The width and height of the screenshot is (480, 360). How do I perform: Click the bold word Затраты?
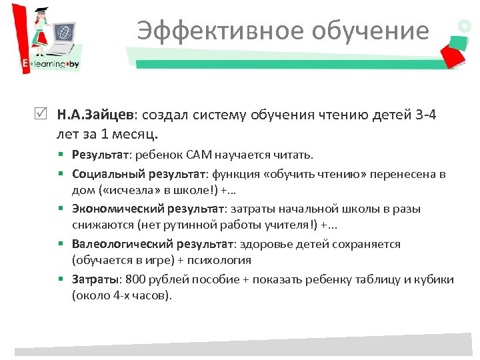pyautogui.click(x=94, y=279)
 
